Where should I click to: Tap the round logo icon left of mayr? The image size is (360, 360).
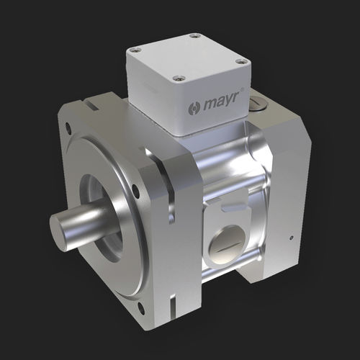point(193,109)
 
